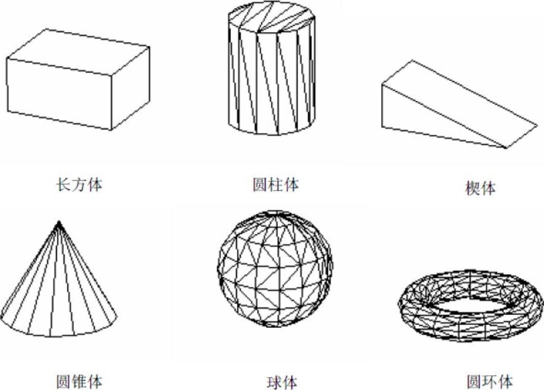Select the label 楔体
click(x=480, y=188)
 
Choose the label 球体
click(x=275, y=381)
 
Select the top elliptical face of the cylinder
click(x=272, y=17)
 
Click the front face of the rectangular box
click(x=59, y=93)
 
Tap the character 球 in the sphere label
click(x=267, y=381)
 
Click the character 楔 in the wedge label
click(x=472, y=188)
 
